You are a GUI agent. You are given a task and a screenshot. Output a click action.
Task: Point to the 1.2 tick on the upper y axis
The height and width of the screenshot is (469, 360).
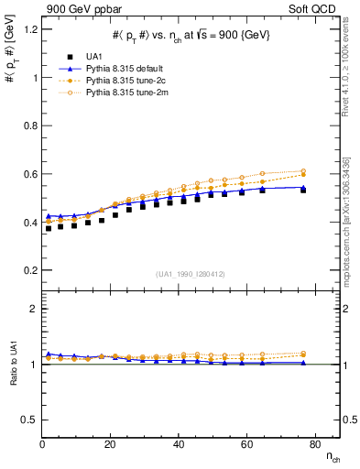(29, 29)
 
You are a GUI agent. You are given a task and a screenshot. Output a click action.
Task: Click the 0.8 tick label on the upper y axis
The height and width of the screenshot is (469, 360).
(29, 125)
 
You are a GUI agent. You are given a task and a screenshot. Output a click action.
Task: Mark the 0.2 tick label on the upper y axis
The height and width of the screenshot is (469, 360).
(29, 270)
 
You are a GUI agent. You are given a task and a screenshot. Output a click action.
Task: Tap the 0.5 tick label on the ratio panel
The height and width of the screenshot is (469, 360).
(29, 420)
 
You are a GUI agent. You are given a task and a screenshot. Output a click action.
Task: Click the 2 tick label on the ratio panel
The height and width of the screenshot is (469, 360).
(33, 309)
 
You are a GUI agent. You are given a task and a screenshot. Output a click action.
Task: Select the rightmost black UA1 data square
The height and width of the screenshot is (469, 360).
(303, 190)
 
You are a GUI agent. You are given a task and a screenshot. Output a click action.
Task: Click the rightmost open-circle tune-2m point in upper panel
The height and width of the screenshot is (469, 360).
(303, 170)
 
